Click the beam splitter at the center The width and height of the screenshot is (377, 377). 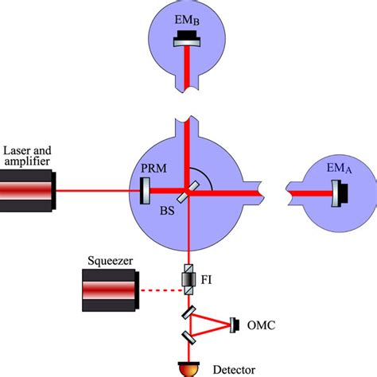coord(188,192)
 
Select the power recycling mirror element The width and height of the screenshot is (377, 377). coord(145,192)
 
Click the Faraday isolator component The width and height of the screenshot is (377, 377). coord(188,278)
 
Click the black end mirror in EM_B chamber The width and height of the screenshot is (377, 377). coord(188,36)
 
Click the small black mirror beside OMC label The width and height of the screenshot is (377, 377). coord(235,324)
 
